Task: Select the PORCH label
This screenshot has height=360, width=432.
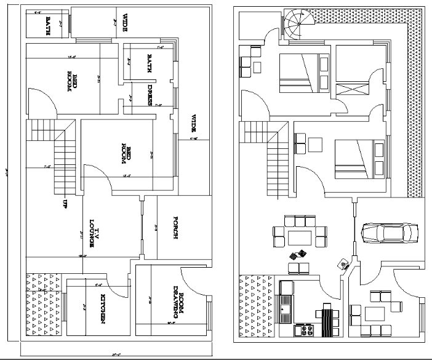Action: (176, 228)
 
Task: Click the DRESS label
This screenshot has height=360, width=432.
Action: (150, 95)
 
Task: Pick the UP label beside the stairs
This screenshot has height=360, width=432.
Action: (63, 203)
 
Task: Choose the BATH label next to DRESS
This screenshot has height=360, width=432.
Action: (149, 63)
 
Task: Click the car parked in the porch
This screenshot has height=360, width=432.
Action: (388, 233)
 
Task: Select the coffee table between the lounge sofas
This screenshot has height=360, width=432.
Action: (300, 237)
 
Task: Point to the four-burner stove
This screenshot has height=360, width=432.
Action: (304, 330)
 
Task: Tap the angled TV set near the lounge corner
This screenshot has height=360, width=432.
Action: (343, 264)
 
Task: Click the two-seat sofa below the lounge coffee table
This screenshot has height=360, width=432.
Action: (300, 266)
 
